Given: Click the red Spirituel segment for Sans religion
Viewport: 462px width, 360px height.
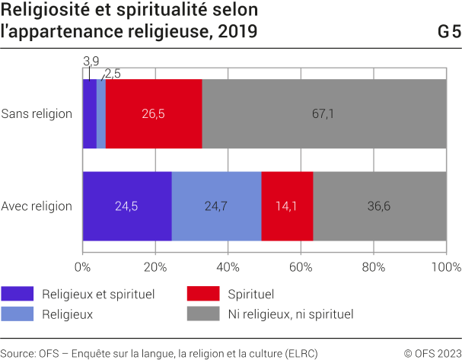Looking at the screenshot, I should [154, 113].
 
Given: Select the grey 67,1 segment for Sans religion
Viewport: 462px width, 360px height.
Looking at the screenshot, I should [324, 113].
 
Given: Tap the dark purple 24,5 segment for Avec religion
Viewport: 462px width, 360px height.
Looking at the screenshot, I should [126, 205].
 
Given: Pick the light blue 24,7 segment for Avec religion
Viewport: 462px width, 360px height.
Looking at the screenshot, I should [216, 205].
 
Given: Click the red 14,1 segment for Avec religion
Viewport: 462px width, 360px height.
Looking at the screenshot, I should [287, 205].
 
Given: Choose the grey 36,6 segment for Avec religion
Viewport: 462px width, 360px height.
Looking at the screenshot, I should [380, 205].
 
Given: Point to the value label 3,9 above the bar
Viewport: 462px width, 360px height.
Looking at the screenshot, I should [90, 61].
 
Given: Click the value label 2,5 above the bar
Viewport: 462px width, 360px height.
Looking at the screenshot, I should [112, 73].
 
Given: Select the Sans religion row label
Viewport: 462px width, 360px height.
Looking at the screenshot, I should [37, 113].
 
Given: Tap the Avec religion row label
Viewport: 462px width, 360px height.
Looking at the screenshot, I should [37, 205].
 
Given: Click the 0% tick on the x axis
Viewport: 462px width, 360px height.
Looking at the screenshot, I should [82, 267].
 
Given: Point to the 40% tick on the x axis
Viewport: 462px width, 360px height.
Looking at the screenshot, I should [228, 267].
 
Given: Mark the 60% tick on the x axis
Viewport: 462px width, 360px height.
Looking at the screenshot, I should [301, 267].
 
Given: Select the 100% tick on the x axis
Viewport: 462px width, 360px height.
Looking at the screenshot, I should [445, 267].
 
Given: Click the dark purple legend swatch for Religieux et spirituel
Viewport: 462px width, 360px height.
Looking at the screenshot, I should [18, 293].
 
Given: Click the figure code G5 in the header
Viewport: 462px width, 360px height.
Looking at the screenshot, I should [449, 32].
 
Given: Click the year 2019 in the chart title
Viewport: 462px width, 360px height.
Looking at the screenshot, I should [237, 32].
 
